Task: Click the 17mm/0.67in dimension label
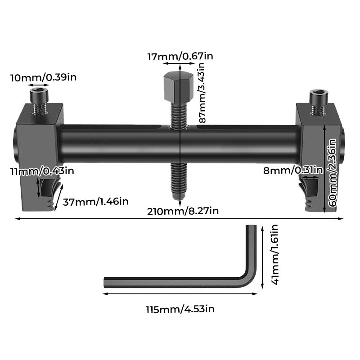click(180, 56)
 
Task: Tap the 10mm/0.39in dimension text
click(43, 77)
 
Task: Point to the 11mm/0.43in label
click(43, 171)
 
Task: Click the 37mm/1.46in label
click(95, 201)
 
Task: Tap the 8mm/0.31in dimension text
click(293, 170)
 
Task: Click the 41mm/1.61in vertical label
click(275, 254)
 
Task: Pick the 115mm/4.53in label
click(180, 310)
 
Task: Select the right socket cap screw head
click(318, 96)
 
